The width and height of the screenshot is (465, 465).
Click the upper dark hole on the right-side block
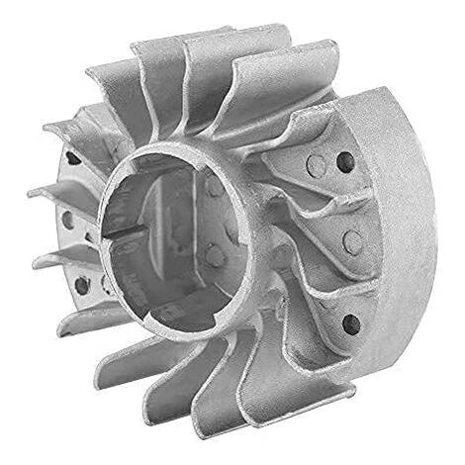(344, 163)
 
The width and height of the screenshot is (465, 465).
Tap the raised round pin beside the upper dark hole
(314, 165)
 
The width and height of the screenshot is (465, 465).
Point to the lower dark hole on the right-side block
(349, 323)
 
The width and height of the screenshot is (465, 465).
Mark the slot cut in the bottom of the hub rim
(188, 323)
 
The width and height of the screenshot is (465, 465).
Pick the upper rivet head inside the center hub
(212, 188)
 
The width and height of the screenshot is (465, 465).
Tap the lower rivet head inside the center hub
(214, 255)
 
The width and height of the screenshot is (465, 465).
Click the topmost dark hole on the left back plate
(72, 157)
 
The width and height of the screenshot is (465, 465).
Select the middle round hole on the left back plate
(67, 220)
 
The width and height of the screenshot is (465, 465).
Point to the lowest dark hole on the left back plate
(81, 286)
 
